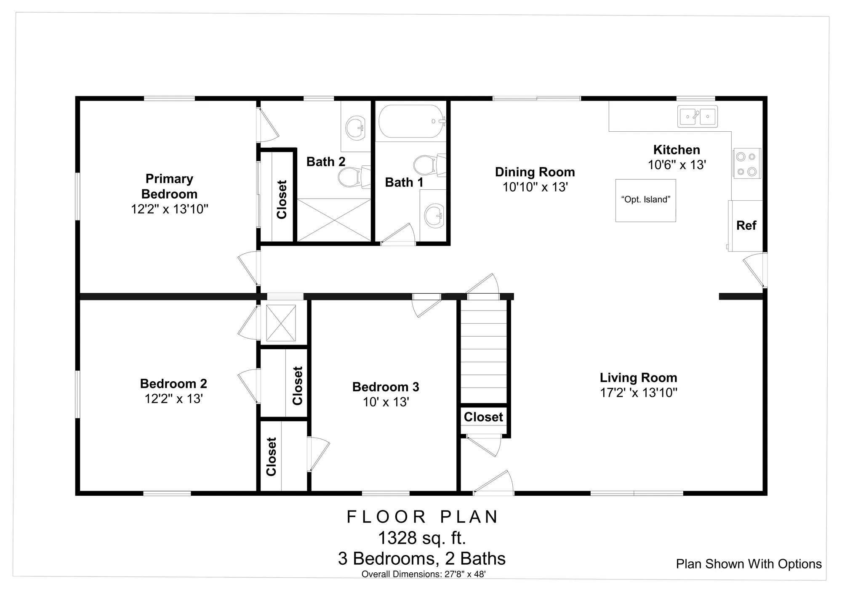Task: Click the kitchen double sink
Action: coord(697,117)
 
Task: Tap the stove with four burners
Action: coord(747,164)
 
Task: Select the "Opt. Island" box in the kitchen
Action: coord(645,200)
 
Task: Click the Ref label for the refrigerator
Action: coord(746,226)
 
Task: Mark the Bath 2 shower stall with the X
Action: coord(334,220)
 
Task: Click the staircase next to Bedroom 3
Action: coord(484,351)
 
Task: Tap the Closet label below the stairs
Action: coord(483,417)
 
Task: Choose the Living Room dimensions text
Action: coord(638,393)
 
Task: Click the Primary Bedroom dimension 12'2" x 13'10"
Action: coord(170,209)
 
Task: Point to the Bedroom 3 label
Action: coord(386,387)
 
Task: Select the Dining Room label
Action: coord(535,172)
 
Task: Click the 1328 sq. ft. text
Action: coord(422,538)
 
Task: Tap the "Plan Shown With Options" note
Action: coord(749,564)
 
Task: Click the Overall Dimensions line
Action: coord(424,574)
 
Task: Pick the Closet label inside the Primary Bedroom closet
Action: coord(282,199)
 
